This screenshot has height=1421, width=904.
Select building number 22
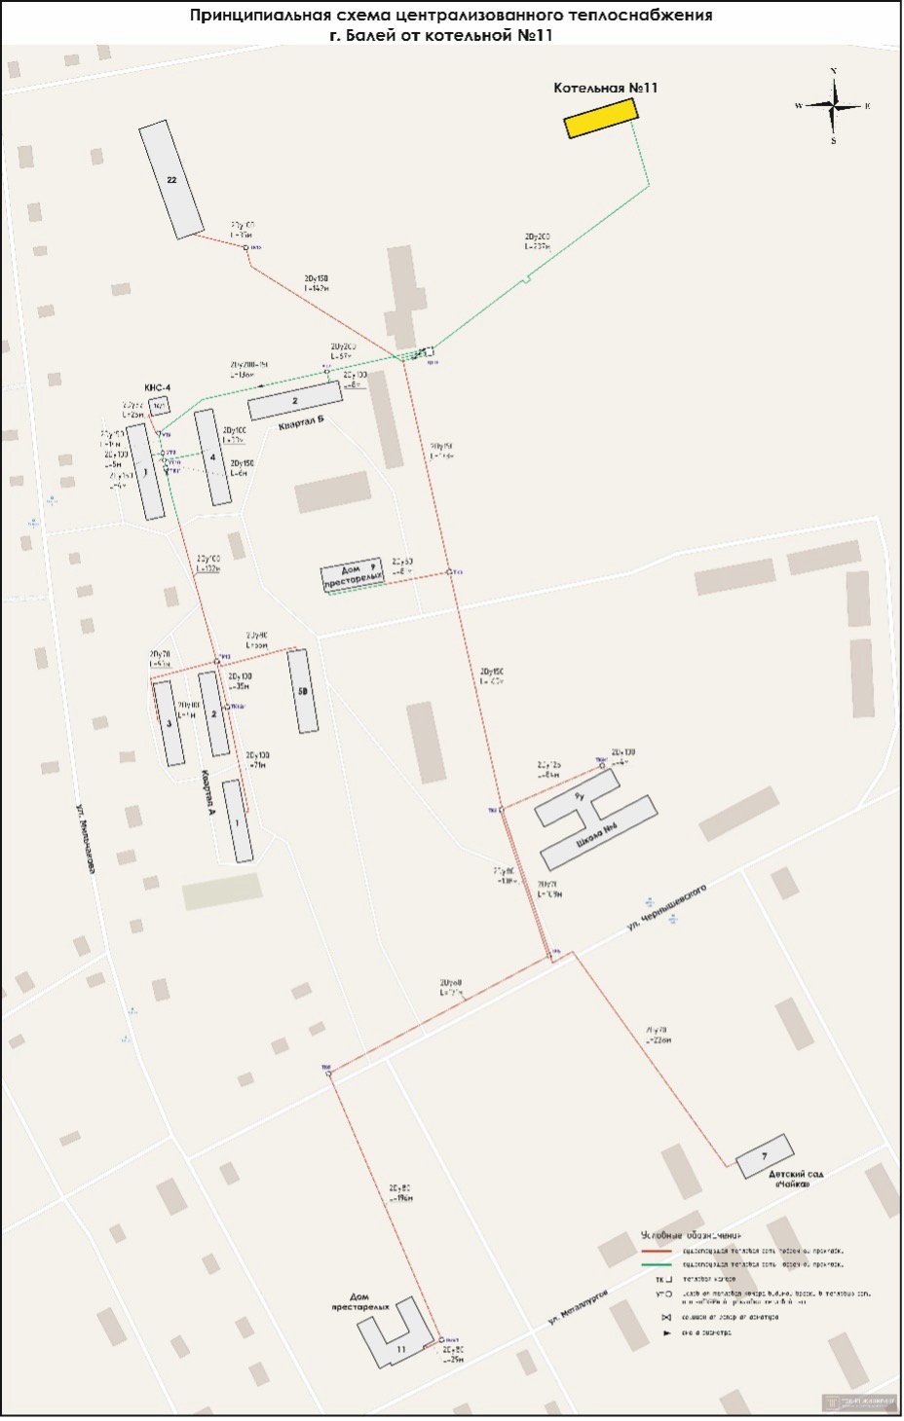tap(172, 181)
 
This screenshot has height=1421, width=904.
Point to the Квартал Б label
tap(299, 425)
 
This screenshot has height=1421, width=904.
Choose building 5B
tap(303, 691)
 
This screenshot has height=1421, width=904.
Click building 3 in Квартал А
tap(169, 723)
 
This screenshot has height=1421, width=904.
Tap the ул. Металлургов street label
tap(578, 1307)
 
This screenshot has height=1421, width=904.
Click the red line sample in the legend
tap(657, 1251)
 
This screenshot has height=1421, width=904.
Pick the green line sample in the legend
tap(657, 1264)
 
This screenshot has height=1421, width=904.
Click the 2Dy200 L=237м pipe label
tap(537, 241)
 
